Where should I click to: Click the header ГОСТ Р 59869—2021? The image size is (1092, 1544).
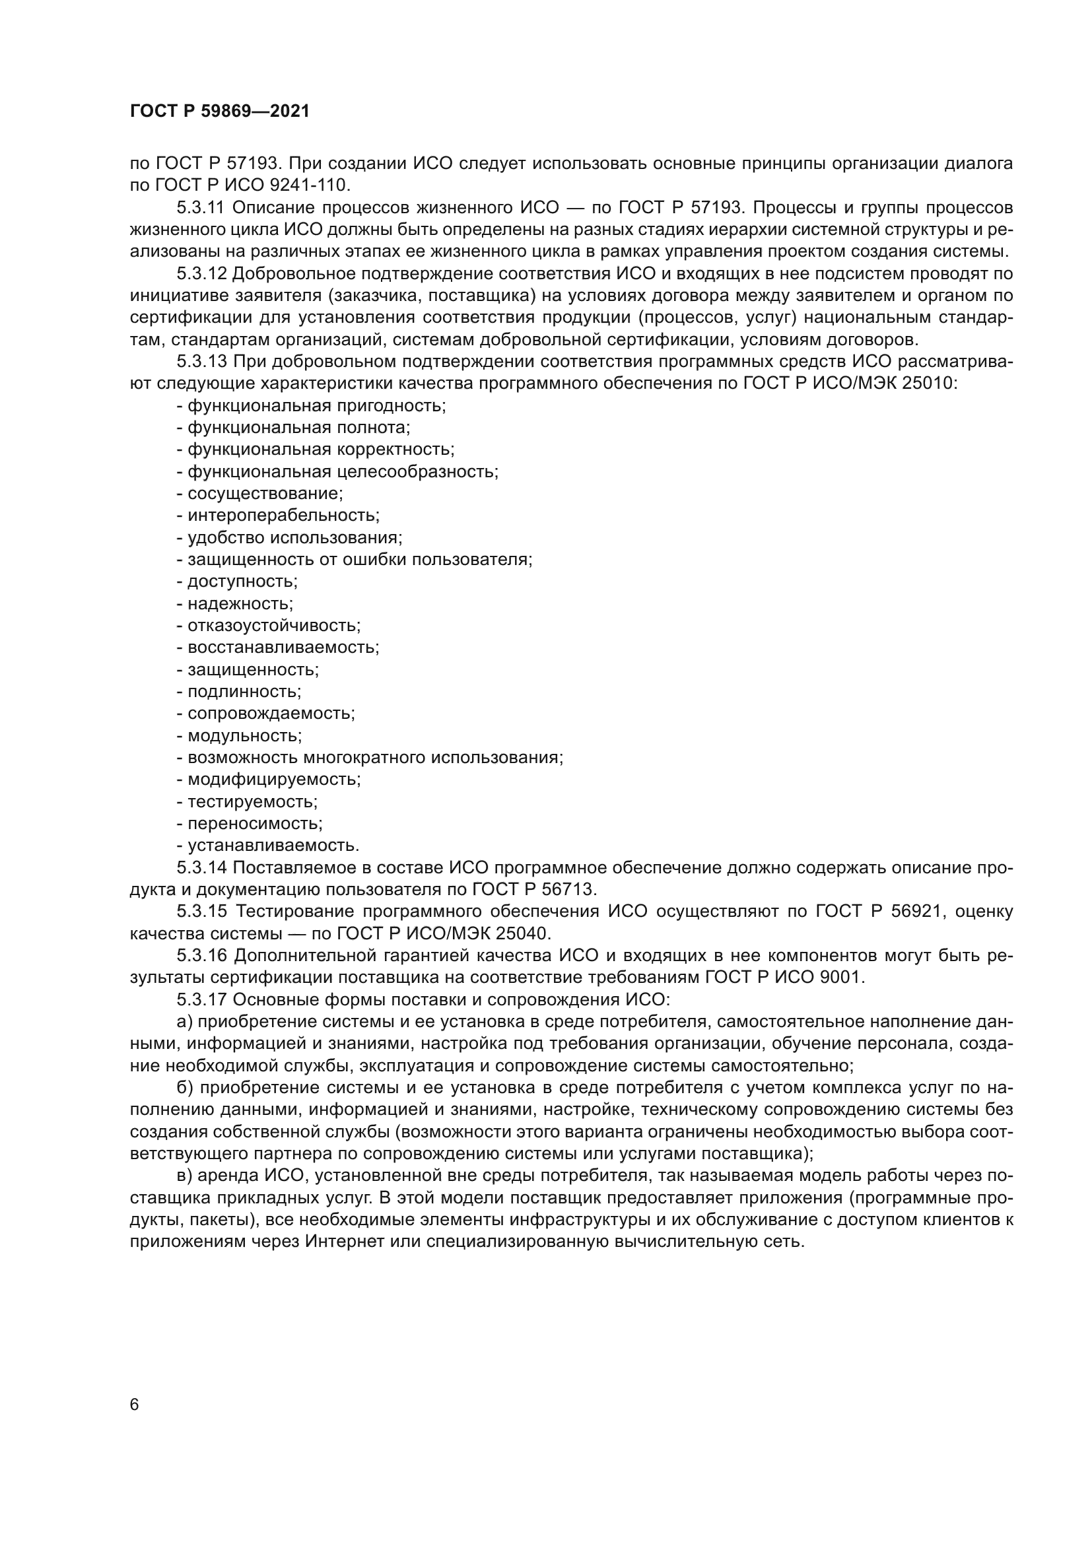point(220,112)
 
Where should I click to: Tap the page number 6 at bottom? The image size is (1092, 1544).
point(135,1405)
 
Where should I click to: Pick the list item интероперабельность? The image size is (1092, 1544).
point(283,516)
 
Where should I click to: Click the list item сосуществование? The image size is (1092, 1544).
point(265,494)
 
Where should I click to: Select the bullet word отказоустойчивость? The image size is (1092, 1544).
point(274,625)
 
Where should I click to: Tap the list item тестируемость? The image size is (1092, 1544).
point(252,801)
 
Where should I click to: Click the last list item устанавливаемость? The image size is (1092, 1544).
point(273,846)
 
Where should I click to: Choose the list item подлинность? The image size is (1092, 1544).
point(244,691)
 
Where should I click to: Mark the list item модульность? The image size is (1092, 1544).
point(245,735)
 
